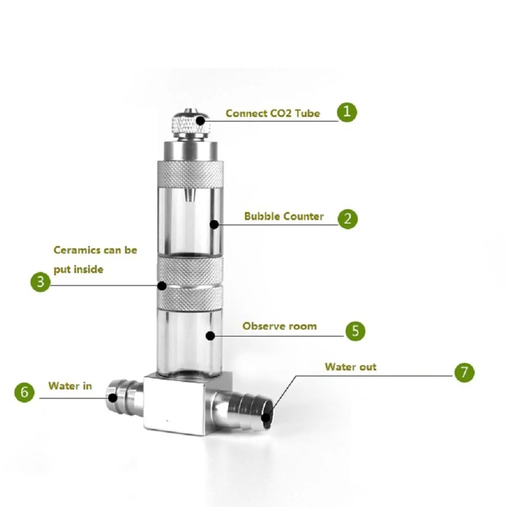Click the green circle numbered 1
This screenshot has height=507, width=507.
tap(347, 112)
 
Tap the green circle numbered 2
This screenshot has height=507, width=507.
tap(348, 219)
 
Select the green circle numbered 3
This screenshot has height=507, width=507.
tap(41, 282)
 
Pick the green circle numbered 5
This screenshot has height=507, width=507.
tap(355, 331)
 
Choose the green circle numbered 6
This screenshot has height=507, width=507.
tap(24, 392)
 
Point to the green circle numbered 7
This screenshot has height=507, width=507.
tap(464, 372)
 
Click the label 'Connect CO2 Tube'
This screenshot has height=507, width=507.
tap(273, 113)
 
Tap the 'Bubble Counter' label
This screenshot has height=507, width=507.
tap(284, 216)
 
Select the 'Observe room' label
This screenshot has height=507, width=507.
tap(279, 326)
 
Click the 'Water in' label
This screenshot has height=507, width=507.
tap(70, 386)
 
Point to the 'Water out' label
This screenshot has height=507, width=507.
tap(350, 367)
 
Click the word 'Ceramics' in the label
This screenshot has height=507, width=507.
tap(77, 250)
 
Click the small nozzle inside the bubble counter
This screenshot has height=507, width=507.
tap(189, 195)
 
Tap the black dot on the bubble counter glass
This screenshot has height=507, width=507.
tap(214, 224)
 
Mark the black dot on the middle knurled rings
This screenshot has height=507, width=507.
tap(162, 286)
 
